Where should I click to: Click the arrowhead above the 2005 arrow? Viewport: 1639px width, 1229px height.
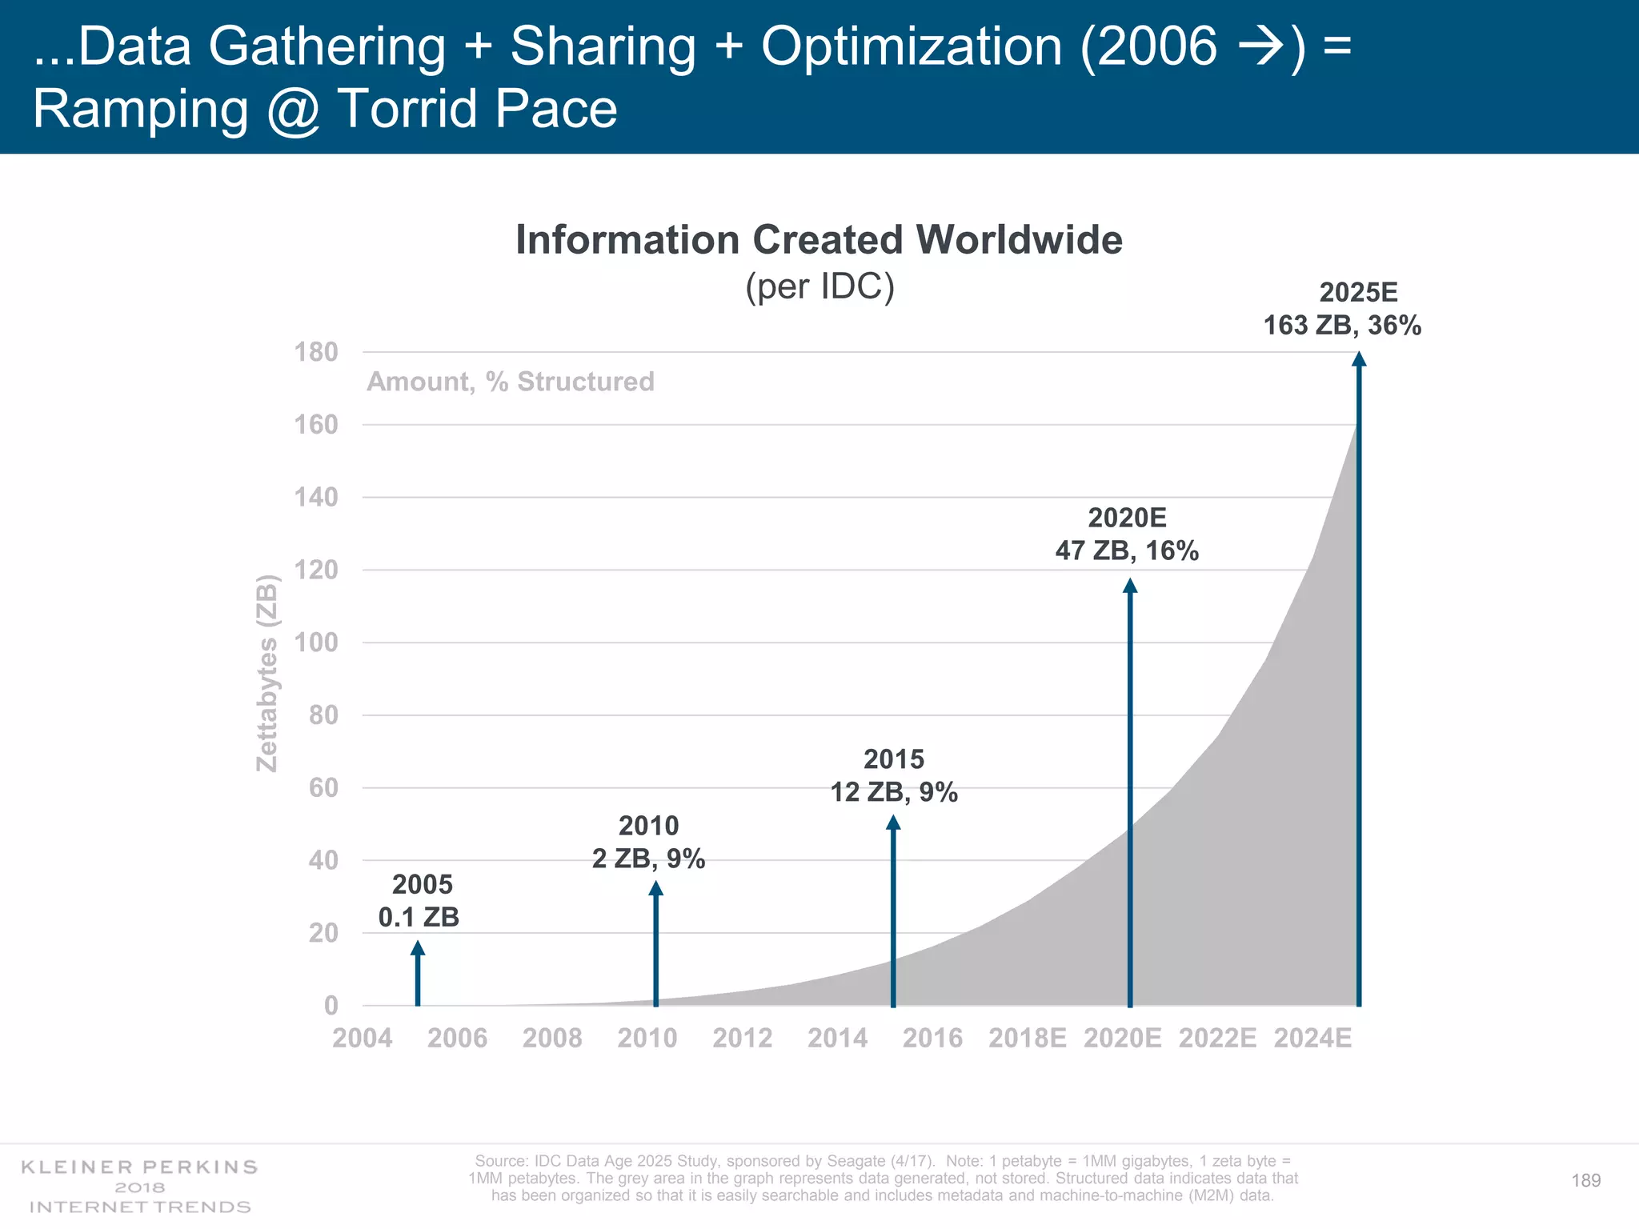coord(418,949)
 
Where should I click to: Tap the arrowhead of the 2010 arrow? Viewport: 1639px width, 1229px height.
coord(655,888)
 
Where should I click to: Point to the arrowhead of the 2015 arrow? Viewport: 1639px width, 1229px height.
coord(893,823)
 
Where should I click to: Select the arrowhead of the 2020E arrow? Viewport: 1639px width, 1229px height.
coord(1130,586)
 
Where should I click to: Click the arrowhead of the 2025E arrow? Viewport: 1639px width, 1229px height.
coord(1359,359)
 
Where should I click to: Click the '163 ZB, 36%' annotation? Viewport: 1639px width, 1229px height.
coord(1342,326)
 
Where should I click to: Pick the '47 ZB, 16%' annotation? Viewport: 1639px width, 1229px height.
coord(1127,551)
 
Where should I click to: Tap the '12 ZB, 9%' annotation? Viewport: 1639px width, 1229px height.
coord(894,792)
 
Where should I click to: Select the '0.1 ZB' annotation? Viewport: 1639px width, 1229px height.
coord(419,917)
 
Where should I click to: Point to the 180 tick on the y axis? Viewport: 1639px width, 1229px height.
coord(316,352)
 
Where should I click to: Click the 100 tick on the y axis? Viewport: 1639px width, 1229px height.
coord(316,643)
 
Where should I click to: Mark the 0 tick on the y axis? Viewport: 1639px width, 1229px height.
coord(331,1006)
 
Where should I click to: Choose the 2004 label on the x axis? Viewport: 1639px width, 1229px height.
coord(363,1039)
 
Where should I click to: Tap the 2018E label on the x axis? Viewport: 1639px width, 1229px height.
coord(1028,1039)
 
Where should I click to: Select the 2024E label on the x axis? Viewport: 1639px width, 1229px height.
coord(1312,1039)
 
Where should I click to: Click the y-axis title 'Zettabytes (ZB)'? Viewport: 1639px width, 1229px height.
coord(266,673)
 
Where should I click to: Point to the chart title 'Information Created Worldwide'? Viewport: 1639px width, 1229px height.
coord(819,240)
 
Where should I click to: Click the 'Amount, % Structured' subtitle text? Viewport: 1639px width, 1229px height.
coord(511,382)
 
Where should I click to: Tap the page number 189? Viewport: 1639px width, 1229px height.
coord(1586,1181)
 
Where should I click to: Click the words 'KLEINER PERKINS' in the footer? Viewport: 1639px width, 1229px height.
coord(139,1167)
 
